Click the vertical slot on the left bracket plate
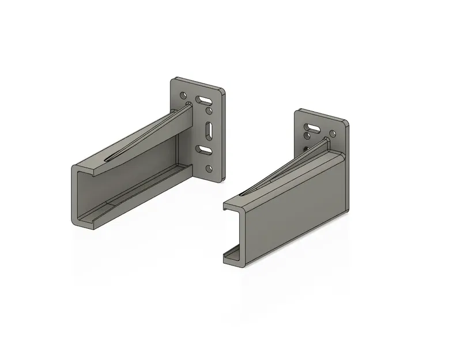click(x=209, y=130)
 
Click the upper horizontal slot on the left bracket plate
click(x=203, y=100)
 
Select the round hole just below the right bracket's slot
click(x=310, y=137)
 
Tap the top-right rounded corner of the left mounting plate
click(x=221, y=90)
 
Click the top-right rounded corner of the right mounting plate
click(x=346, y=123)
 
